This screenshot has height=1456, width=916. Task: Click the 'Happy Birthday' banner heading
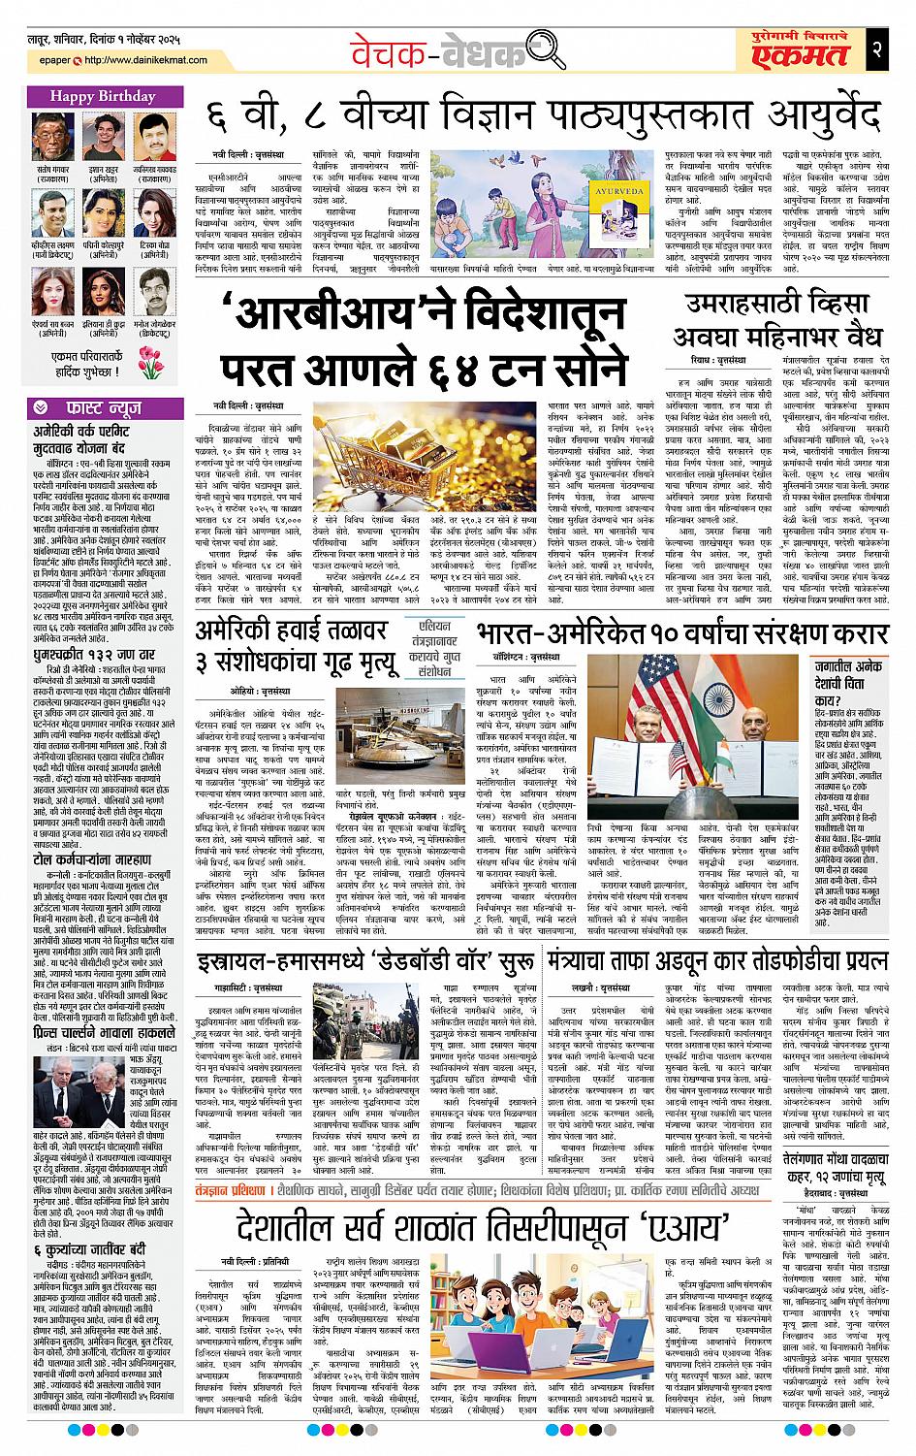(x=89, y=97)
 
